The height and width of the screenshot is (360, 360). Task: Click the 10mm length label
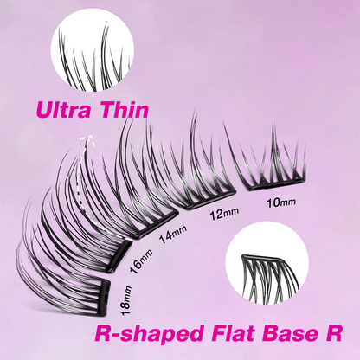(x=281, y=202)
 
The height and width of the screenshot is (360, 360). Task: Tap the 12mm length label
(x=224, y=214)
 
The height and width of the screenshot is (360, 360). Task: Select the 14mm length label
(x=173, y=234)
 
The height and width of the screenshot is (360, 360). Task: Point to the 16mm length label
(x=141, y=262)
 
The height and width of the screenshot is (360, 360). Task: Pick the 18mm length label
(x=126, y=300)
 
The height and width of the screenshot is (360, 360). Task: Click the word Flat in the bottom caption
(x=233, y=333)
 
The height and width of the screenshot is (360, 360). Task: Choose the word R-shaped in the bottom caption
(x=150, y=335)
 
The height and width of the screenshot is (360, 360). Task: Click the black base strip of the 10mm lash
(x=274, y=184)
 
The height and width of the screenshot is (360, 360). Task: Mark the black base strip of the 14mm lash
(x=157, y=222)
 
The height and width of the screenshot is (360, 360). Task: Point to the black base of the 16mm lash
(x=119, y=256)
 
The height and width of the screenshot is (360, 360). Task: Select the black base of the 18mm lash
(x=105, y=298)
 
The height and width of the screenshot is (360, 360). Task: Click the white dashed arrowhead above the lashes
(x=88, y=139)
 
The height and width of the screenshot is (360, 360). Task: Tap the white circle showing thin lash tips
(x=93, y=49)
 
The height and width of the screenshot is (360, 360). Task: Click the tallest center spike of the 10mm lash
(x=273, y=150)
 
